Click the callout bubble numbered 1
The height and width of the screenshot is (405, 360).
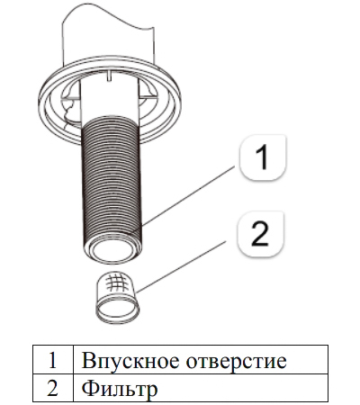[x=263, y=157]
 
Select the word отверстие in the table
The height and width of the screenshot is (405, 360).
[x=236, y=361]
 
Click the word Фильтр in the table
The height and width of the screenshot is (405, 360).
[x=120, y=389]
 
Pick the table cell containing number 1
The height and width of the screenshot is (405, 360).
[x=53, y=359]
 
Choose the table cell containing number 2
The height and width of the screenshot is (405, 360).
[x=53, y=388]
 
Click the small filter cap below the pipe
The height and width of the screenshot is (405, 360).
[x=117, y=298]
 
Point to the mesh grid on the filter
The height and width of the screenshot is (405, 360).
[x=117, y=283]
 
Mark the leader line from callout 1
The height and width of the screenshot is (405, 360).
[x=188, y=196]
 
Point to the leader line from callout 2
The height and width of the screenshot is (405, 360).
[x=181, y=267]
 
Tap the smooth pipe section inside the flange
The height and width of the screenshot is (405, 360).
[x=110, y=99]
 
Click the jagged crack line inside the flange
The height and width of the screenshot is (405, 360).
[x=68, y=112]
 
